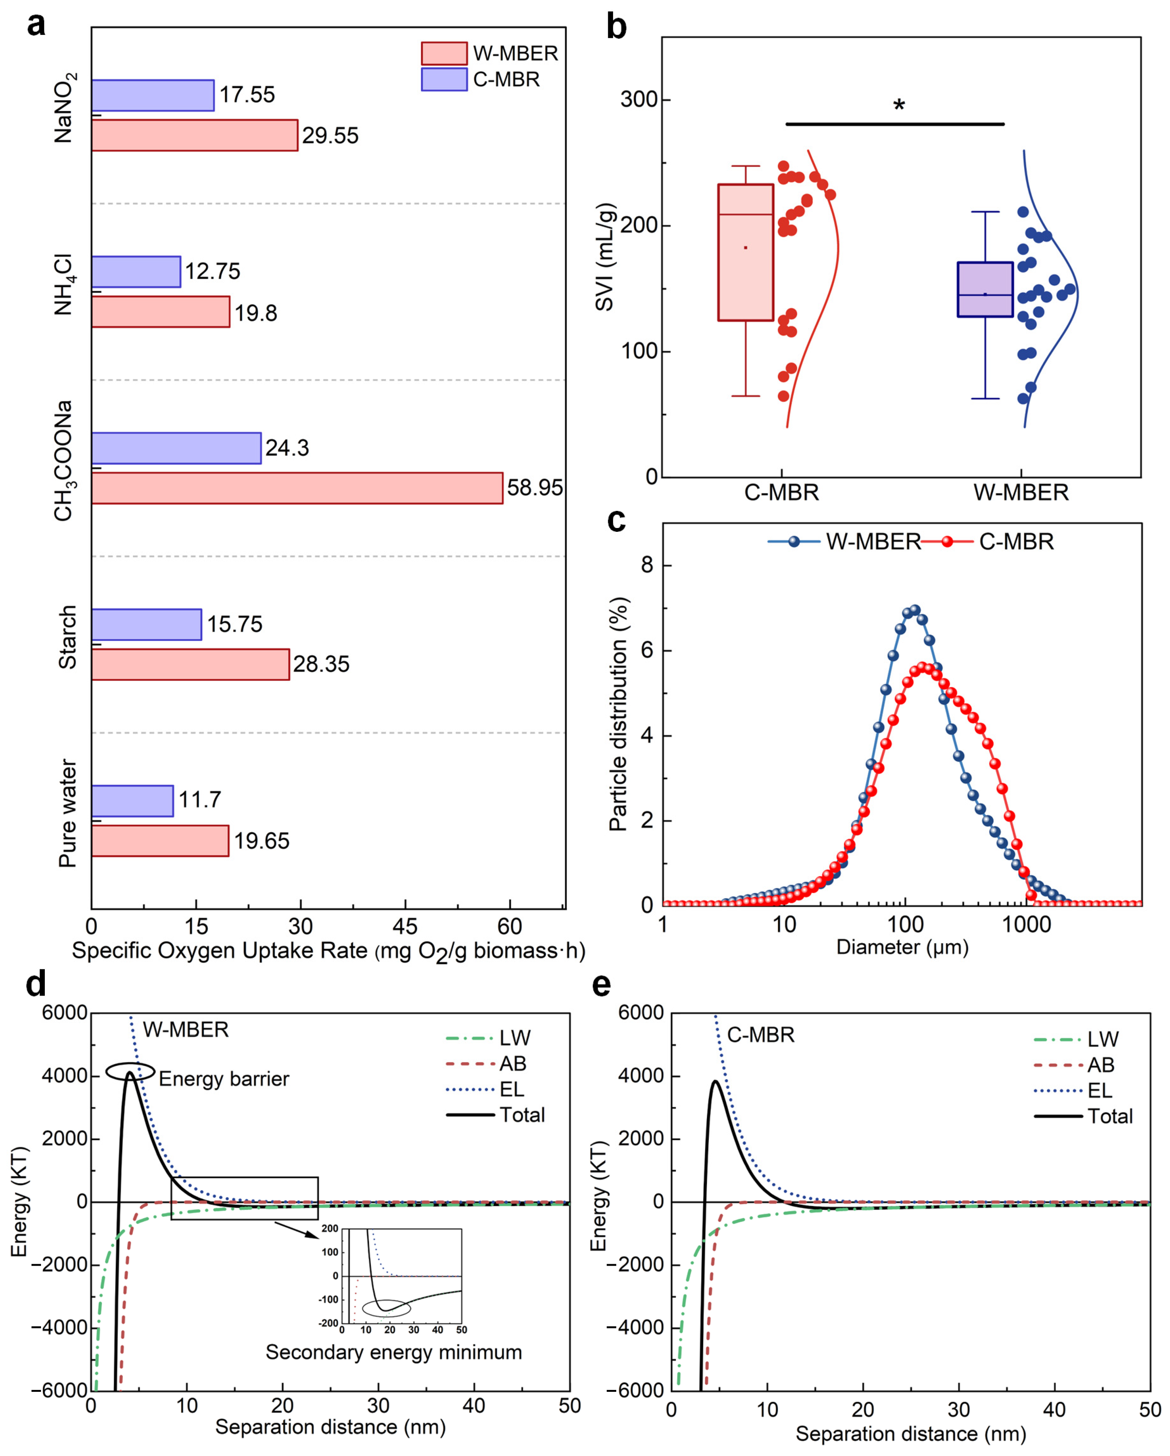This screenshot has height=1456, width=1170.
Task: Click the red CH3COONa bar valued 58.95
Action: tap(297, 488)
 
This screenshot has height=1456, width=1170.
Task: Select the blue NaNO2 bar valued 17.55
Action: tap(153, 95)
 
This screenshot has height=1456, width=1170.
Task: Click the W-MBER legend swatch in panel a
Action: tap(444, 53)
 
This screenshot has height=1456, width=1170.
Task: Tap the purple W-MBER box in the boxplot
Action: tap(985, 289)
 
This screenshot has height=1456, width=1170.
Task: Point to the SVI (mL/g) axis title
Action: tap(605, 257)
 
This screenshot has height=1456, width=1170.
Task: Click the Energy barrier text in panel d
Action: tap(224, 1079)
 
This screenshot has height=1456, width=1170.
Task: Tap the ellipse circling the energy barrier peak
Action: tap(130, 1072)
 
